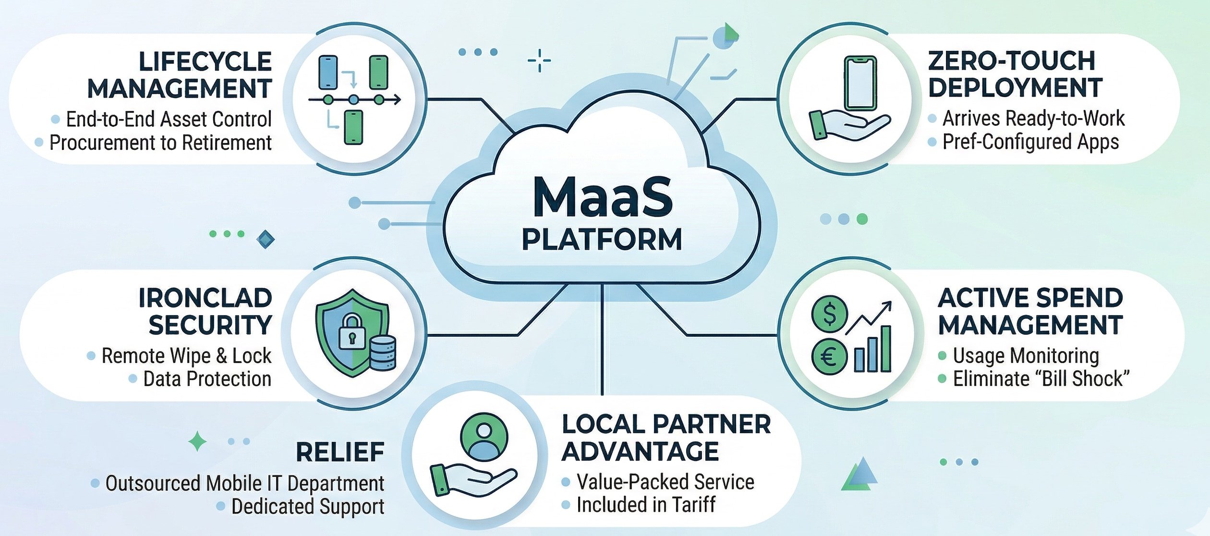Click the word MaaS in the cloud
(603, 197)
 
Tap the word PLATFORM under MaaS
(602, 240)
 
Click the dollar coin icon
(829, 313)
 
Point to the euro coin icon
(829, 357)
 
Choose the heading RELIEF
(340, 452)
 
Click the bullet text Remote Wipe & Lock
(186, 356)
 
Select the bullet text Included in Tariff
(646, 505)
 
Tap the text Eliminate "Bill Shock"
(1041, 379)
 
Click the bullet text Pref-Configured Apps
(1030, 142)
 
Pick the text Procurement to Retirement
(160, 143)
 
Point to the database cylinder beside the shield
(383, 353)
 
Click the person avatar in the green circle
(484, 438)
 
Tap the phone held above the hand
(860, 83)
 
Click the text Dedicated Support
(307, 506)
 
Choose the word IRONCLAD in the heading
(205, 298)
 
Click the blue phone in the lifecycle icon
(328, 73)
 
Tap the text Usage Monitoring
(1026, 356)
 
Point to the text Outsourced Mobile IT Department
(244, 483)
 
